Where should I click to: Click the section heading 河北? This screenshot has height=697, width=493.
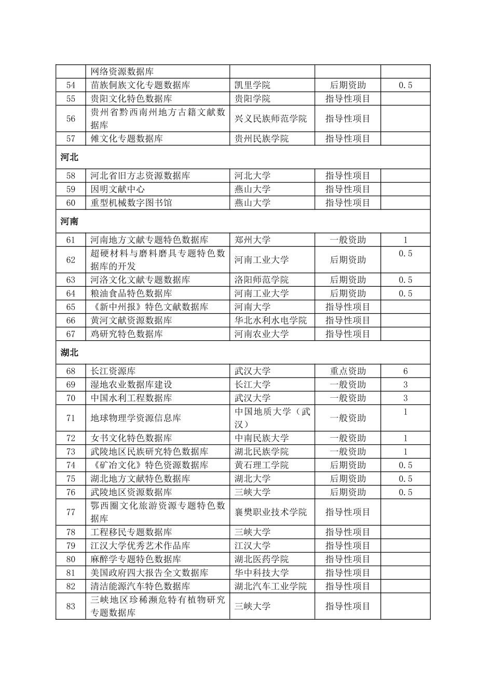tap(69, 157)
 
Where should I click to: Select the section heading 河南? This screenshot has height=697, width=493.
tap(69, 221)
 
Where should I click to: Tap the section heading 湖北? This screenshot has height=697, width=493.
tap(69, 353)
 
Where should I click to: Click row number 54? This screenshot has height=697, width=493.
tap(71, 85)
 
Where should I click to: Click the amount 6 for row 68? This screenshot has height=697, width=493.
tap(405, 371)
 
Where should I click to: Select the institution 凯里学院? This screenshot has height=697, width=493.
tap(252, 85)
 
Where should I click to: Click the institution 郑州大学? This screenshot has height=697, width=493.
tap(252, 240)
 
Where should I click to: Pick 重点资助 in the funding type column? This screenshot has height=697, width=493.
tap(348, 371)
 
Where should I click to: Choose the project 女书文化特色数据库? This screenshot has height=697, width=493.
tap(131, 438)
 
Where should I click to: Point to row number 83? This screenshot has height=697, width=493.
tap(71, 606)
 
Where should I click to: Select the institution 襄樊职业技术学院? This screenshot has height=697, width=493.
tap(270, 512)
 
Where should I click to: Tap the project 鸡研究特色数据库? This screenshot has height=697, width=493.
tap(127, 334)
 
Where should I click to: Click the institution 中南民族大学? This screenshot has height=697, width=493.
tap(262, 438)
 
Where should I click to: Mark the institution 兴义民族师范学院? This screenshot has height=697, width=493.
tap(270, 119)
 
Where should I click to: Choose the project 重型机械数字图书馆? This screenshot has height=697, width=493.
tap(131, 203)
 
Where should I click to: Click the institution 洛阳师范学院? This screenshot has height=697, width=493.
tap(262, 280)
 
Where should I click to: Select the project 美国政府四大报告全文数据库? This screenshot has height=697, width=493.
tap(149, 573)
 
